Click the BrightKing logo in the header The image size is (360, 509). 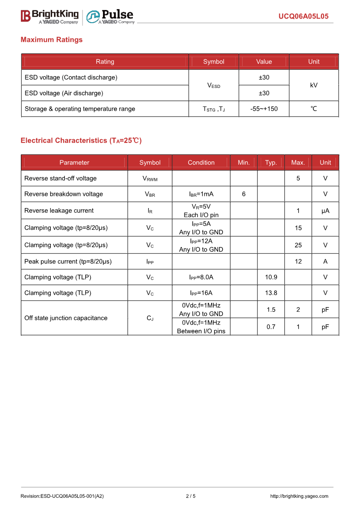49,16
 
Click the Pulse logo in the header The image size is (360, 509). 110,16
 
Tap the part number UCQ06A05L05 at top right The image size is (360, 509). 303,17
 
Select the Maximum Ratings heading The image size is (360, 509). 52,40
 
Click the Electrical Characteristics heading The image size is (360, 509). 81,141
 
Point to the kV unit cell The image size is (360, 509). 314,85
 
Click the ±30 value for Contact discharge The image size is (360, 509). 264,78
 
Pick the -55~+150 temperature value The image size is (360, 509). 264,109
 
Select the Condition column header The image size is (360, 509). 201,163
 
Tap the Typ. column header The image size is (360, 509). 271,163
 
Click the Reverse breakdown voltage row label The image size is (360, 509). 63,194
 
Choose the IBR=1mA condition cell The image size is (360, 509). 201,194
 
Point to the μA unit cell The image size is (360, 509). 325,211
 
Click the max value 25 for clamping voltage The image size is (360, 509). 298,245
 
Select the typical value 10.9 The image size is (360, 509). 271,277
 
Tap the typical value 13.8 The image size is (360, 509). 271,293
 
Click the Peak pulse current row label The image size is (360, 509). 68,262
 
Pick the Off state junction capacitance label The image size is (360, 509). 66,318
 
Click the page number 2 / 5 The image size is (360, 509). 191,496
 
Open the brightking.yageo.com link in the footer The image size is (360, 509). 299,496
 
